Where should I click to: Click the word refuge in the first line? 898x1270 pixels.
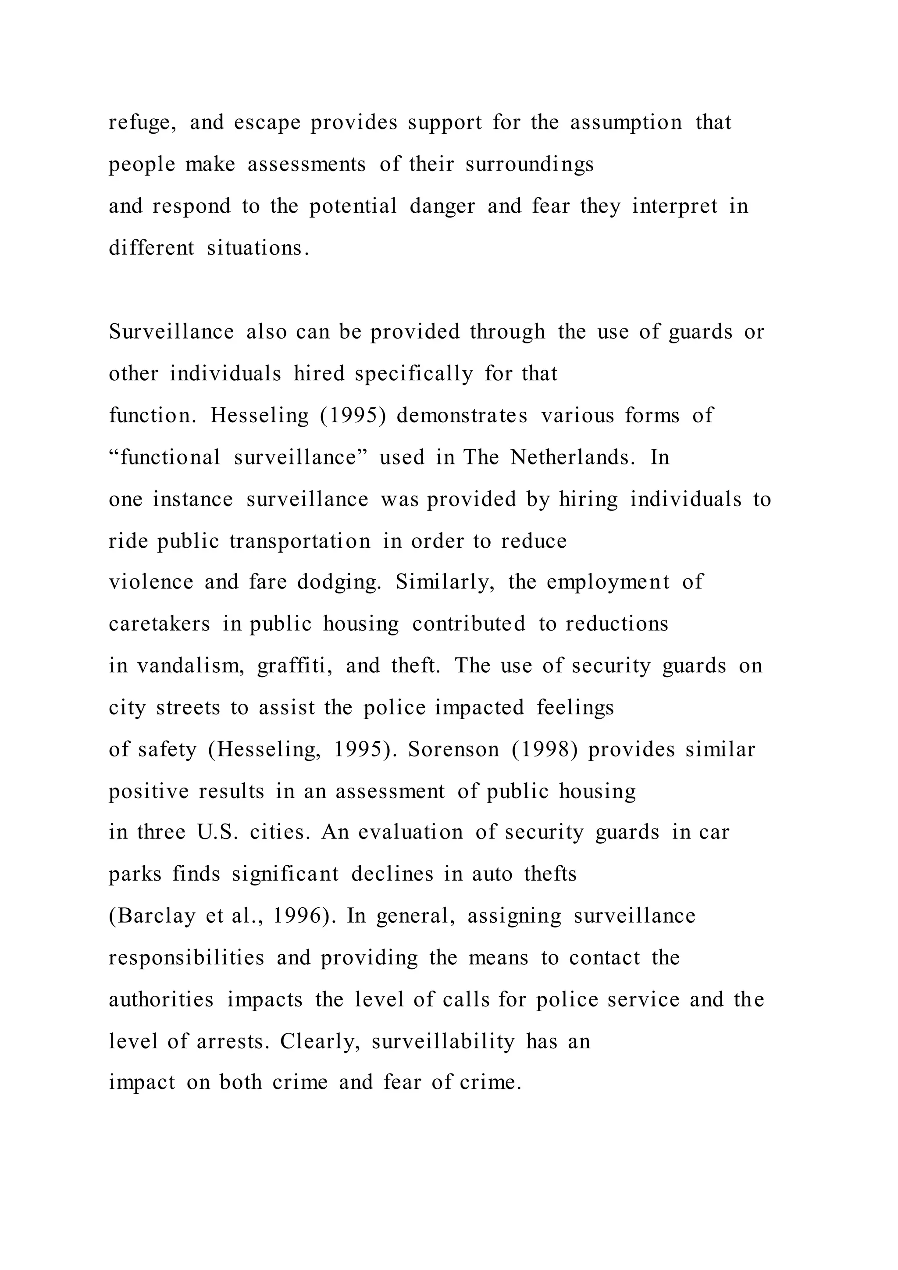(142, 123)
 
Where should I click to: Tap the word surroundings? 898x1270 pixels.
(530, 164)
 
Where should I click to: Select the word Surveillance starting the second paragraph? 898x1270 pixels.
(171, 332)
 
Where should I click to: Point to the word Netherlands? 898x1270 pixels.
(572, 457)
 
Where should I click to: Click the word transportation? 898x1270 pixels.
(300, 541)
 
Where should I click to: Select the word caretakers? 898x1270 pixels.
(159, 624)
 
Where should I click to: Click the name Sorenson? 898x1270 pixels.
(453, 749)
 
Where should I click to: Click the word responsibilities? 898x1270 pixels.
(186, 959)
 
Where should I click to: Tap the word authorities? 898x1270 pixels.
(161, 1000)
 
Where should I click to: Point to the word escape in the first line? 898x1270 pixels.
(267, 123)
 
